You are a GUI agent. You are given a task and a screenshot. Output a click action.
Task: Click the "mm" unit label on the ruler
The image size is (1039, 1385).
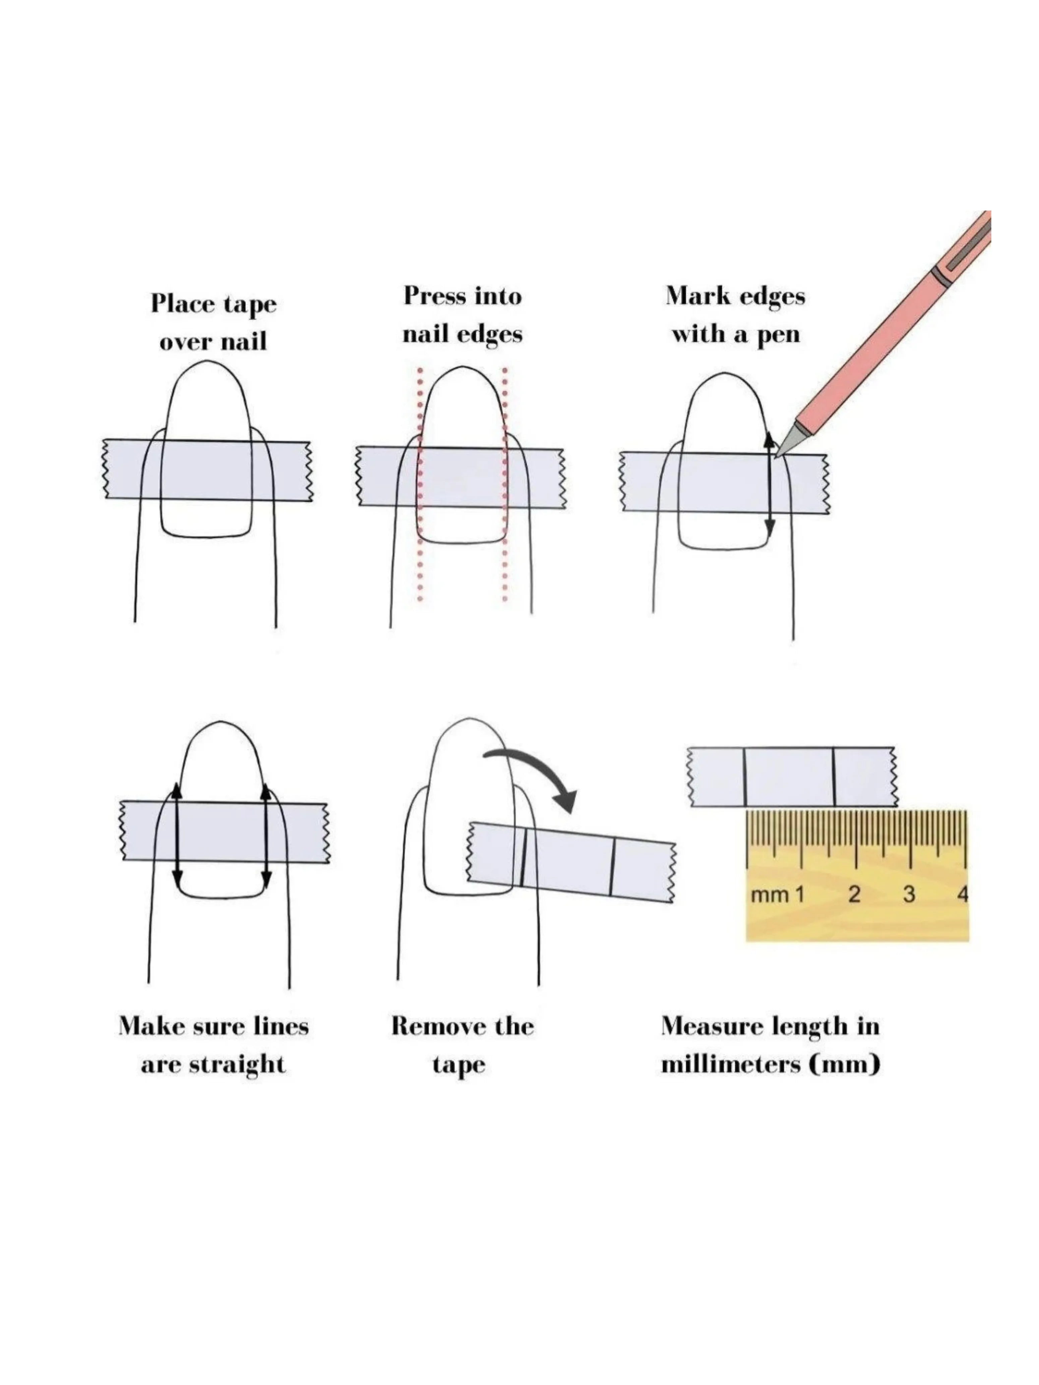(x=770, y=896)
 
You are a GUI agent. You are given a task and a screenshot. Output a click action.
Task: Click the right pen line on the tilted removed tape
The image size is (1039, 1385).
(x=612, y=867)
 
